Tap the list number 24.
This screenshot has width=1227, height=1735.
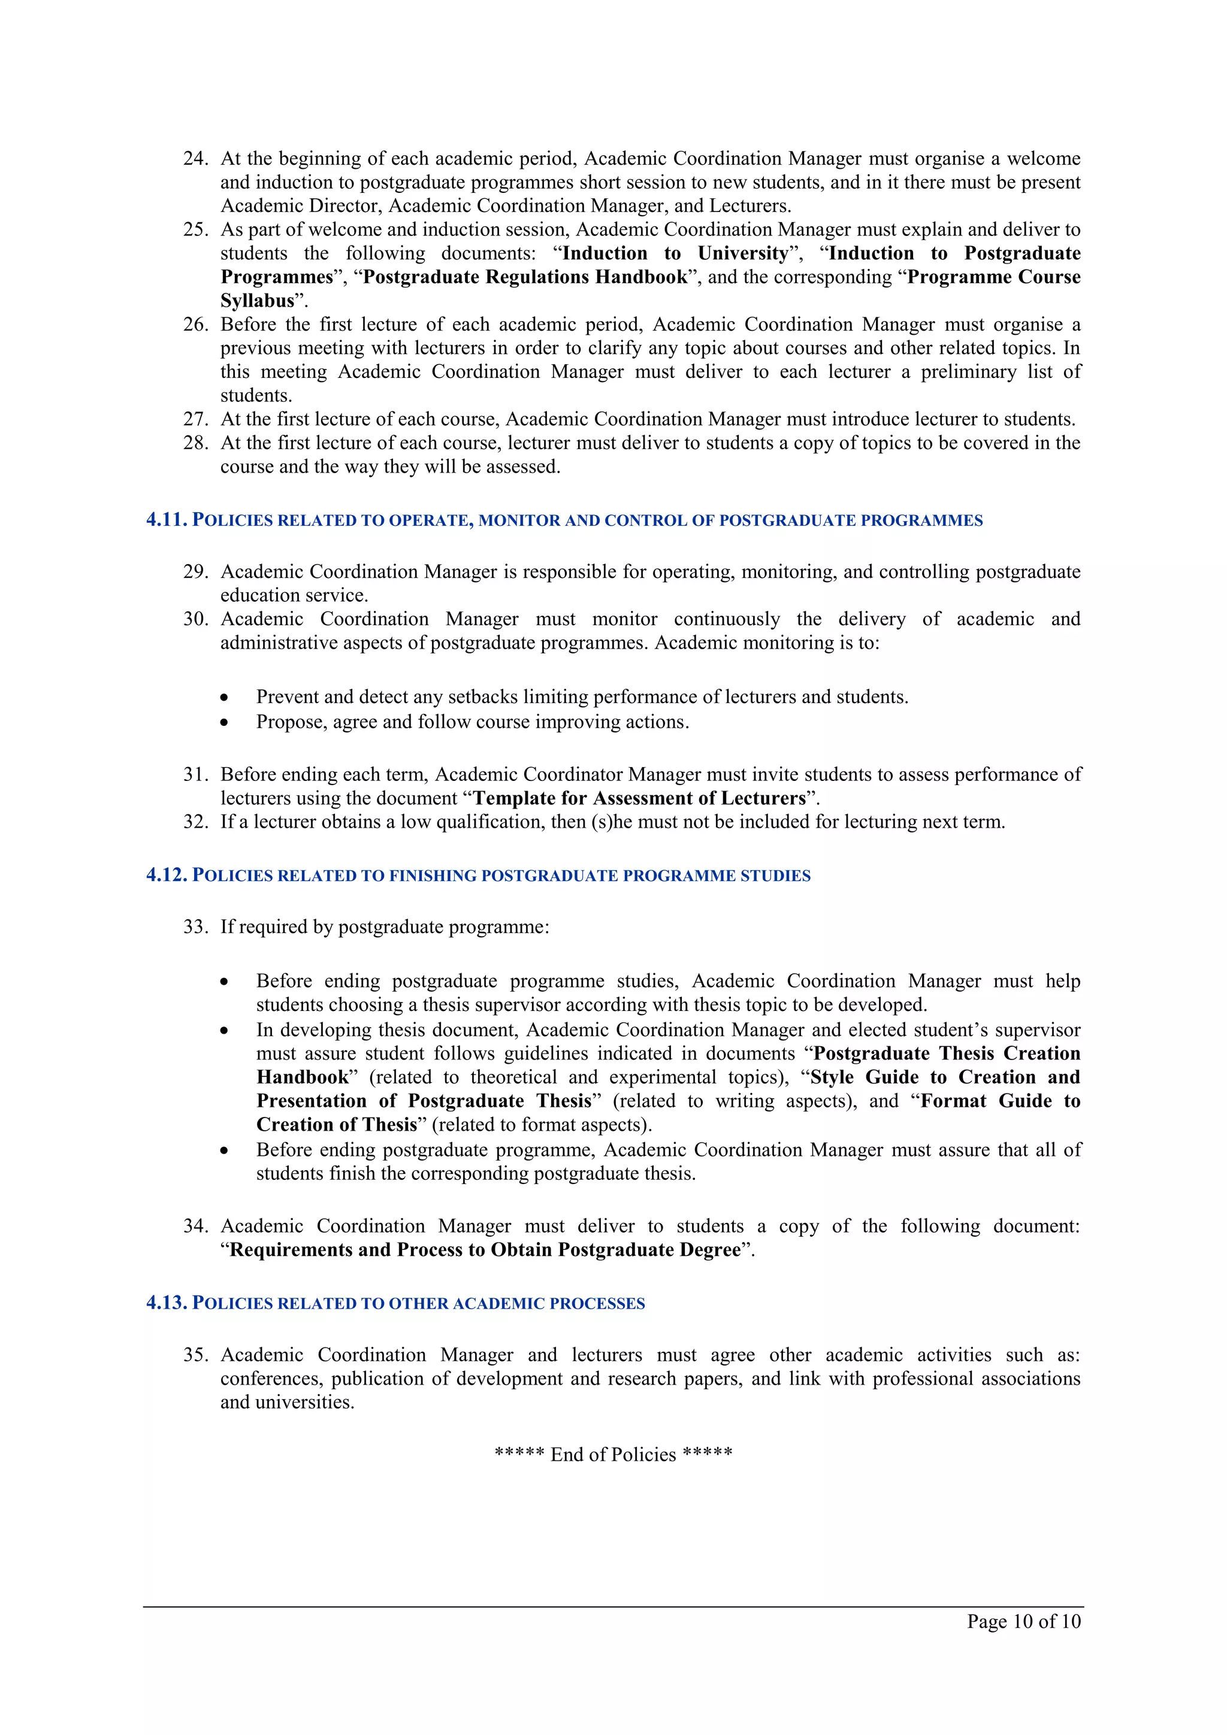(x=195, y=159)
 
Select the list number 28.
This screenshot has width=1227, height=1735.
(x=195, y=443)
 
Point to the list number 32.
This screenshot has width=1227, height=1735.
(x=195, y=822)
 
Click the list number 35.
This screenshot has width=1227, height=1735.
(x=195, y=1355)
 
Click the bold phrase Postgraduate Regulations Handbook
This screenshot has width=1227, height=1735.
(x=525, y=277)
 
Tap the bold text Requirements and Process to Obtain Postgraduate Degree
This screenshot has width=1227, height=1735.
(x=485, y=1250)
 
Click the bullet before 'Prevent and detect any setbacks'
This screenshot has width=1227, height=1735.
(x=225, y=698)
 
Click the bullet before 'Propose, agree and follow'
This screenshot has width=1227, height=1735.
(x=225, y=722)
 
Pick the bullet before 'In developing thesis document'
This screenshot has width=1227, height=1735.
(x=225, y=1031)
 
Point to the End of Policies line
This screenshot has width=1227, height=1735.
(x=613, y=1455)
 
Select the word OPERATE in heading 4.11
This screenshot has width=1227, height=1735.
(x=430, y=520)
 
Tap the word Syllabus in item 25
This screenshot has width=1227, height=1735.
(x=257, y=301)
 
